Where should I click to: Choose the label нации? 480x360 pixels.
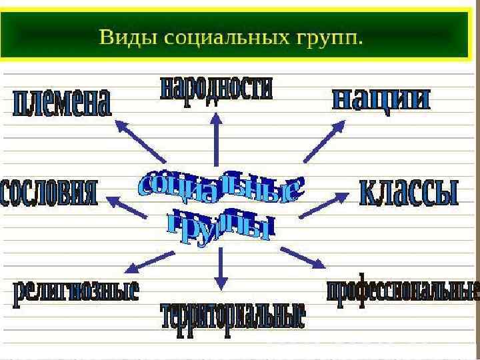pyautogui.click(x=381, y=99)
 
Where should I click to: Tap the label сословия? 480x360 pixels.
pyautogui.click(x=50, y=193)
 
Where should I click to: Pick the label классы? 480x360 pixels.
pyautogui.click(x=409, y=192)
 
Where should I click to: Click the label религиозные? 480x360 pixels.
pyautogui.click(x=76, y=291)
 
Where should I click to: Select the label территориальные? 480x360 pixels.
pyautogui.click(x=232, y=315)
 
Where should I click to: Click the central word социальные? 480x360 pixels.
pyautogui.click(x=220, y=189)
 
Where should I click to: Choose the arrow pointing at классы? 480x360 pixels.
pyautogui.click(x=324, y=205)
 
